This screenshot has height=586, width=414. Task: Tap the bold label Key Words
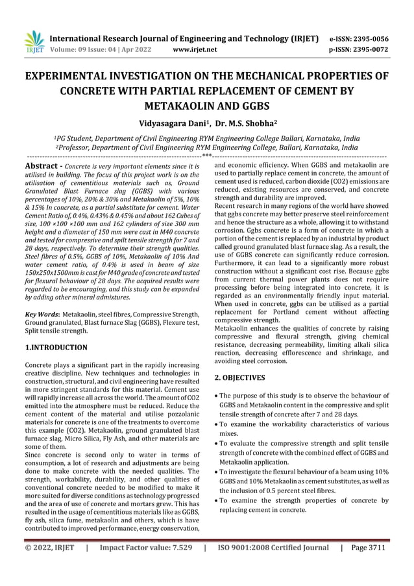42,314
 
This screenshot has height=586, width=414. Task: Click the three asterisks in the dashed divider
207,157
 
